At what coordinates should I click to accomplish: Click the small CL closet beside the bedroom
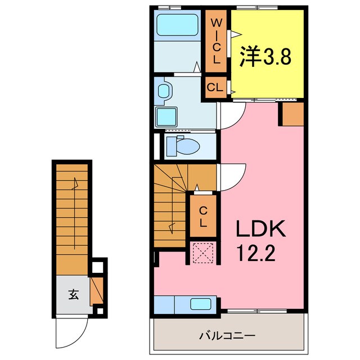pyautogui.click(x=215, y=87)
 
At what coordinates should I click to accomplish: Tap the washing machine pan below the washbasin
pyautogui.click(x=167, y=117)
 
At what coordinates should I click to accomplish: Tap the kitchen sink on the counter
pyautogui.click(x=200, y=304)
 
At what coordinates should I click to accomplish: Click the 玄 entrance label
pyautogui.click(x=73, y=293)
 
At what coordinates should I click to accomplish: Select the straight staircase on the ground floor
pyautogui.click(x=72, y=219)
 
